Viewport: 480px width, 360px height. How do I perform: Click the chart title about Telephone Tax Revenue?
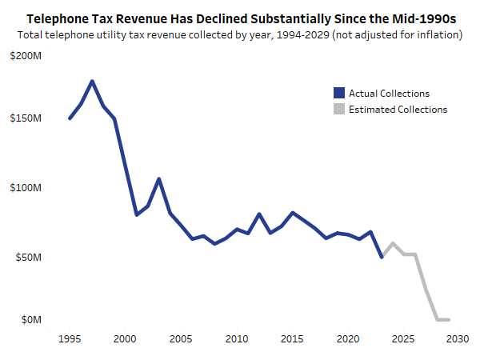[240, 17]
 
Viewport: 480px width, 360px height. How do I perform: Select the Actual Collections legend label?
[389, 94]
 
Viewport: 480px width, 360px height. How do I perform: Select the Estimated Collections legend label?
[398, 110]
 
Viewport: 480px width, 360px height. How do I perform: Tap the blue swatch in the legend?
[339, 94]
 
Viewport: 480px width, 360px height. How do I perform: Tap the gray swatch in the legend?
[339, 110]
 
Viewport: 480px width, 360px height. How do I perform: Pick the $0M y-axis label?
[30, 320]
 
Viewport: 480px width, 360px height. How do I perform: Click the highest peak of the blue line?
[92, 81]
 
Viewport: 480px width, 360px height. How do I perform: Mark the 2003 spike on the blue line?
[159, 178]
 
